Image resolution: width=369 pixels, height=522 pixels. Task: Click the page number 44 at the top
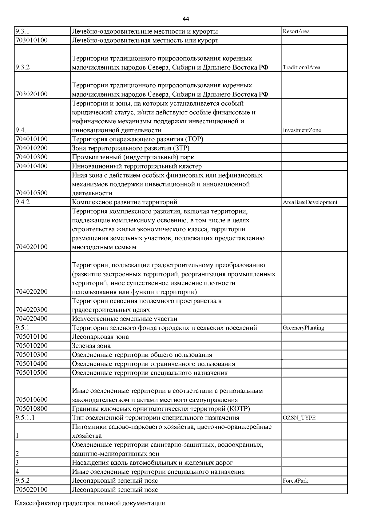point(185,19)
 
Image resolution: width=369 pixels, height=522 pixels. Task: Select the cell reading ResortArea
point(296,31)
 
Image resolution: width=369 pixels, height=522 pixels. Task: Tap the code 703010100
point(31,40)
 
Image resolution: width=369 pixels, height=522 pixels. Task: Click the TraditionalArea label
point(301,67)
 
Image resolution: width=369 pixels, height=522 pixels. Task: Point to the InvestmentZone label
point(302,130)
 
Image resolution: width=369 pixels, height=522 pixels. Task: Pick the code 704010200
point(31,148)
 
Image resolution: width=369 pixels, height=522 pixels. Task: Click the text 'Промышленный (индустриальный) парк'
point(133,157)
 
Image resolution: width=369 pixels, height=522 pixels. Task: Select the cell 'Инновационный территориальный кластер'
point(137,166)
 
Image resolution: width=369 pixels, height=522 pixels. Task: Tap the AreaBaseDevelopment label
point(310,202)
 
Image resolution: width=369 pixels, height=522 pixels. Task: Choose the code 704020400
point(31,319)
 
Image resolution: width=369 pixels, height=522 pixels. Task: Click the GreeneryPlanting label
point(303,328)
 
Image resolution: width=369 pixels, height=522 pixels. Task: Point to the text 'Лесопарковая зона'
point(100,337)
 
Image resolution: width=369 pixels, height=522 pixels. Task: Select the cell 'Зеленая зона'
point(91,346)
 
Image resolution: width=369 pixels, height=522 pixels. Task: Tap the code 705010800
point(31,409)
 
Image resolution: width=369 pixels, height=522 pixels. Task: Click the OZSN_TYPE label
point(299,418)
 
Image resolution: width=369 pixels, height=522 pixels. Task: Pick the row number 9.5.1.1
point(25,418)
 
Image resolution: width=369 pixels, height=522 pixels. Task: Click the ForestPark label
point(295,480)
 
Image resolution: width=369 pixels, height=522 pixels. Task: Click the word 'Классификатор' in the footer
point(38,504)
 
